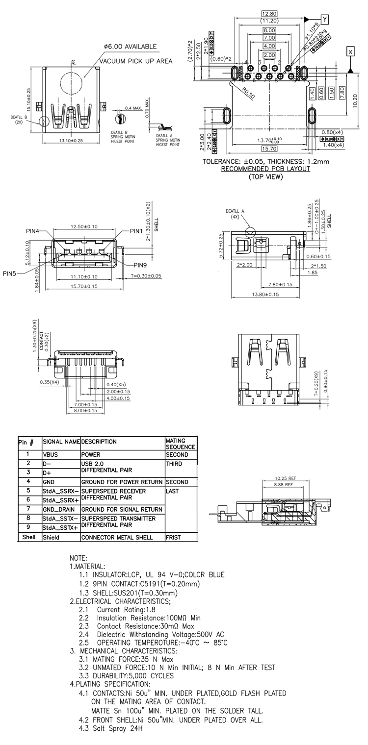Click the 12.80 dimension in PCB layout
tap(269, 13)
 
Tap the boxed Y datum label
tap(324, 19)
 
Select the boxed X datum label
tap(350, 51)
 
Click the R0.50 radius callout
tap(248, 93)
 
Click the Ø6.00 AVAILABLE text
tap(130, 47)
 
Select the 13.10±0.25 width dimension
tap(71, 141)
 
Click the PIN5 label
tap(10, 273)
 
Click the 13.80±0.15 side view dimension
tap(265, 295)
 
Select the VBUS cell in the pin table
tap(51, 454)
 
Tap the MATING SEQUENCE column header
tap(180, 444)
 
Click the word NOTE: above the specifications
tap(79, 558)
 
